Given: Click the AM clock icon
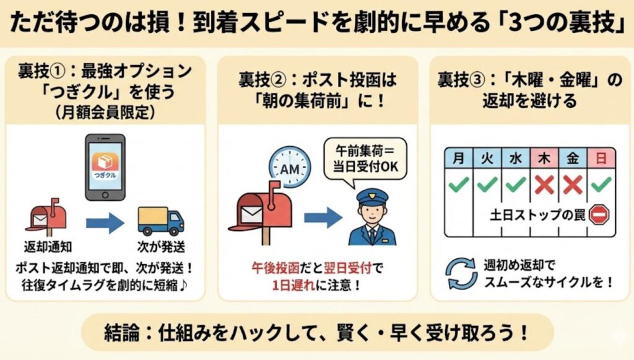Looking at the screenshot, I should click(290, 168).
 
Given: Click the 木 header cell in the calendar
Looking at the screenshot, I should click(544, 158).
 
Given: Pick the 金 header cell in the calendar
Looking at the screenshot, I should click(572, 158).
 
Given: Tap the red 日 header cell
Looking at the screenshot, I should click(601, 158).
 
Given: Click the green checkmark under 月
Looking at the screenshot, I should click(459, 185).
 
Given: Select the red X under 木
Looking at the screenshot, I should click(544, 185).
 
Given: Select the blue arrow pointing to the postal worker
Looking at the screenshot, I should click(321, 217).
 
